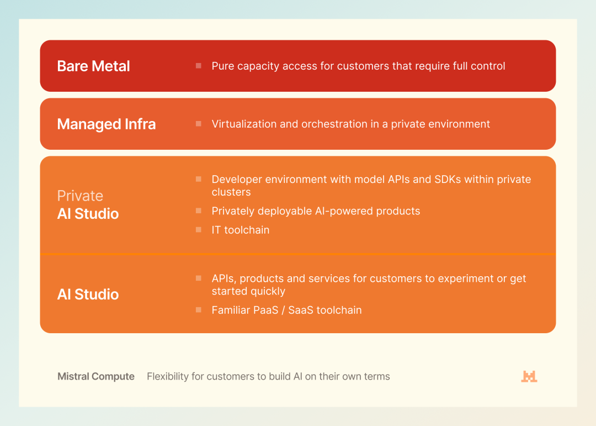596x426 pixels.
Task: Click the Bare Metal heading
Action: click(x=93, y=66)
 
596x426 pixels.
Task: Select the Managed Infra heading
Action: click(x=107, y=124)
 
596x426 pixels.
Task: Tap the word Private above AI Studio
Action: click(x=80, y=196)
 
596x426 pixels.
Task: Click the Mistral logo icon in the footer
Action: click(x=529, y=376)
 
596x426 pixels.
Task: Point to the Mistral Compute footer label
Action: click(x=96, y=376)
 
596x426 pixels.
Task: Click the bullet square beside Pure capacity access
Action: click(x=199, y=66)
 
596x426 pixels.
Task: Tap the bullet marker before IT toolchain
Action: click(x=199, y=229)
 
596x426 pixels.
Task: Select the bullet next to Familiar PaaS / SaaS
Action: click(x=199, y=310)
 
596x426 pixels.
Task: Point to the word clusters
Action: click(x=231, y=192)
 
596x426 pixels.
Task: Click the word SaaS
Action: click(x=301, y=311)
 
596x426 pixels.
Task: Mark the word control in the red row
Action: click(x=488, y=66)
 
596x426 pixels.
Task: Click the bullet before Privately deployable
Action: click(x=199, y=211)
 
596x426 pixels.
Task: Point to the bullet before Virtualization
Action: click(x=199, y=124)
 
